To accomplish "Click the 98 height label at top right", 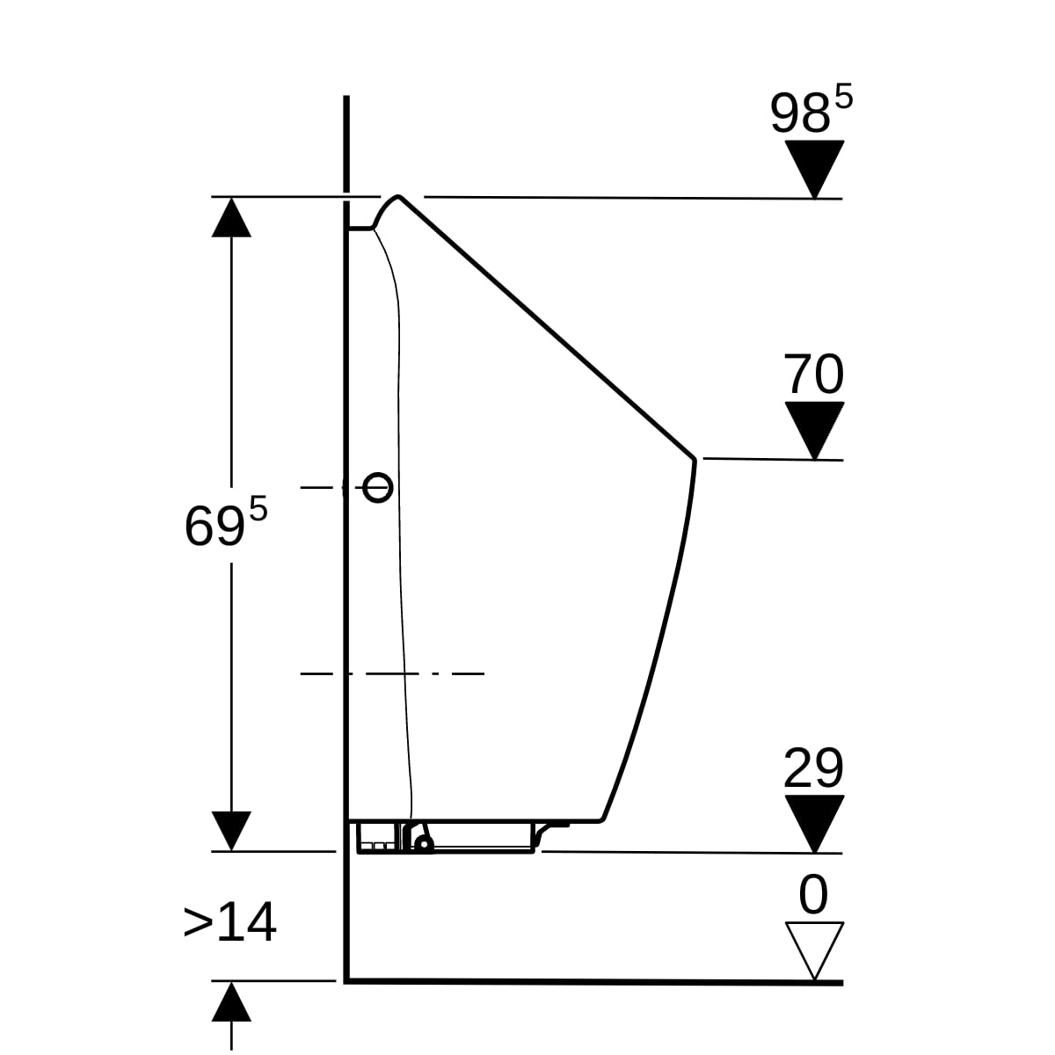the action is [799, 113].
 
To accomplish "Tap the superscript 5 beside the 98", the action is [844, 97].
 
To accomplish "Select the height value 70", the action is [813, 374].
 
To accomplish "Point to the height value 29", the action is [813, 768].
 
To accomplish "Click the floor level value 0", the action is [813, 894].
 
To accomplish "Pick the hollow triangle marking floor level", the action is [814, 950].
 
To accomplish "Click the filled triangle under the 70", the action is [814, 431].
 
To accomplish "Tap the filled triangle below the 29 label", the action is [814, 824].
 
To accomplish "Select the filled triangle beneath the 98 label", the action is [814, 170].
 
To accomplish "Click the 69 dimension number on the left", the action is [214, 527].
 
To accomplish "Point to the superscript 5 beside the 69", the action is [258, 509].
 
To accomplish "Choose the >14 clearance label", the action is [230, 922].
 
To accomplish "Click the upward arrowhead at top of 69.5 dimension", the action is [231, 217].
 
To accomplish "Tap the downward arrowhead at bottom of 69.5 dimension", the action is [231, 831].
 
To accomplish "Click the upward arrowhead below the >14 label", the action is [231, 1002].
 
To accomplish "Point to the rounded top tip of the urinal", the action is [398, 195].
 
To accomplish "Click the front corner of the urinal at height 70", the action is [695, 458].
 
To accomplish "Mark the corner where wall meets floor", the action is [346, 982].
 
